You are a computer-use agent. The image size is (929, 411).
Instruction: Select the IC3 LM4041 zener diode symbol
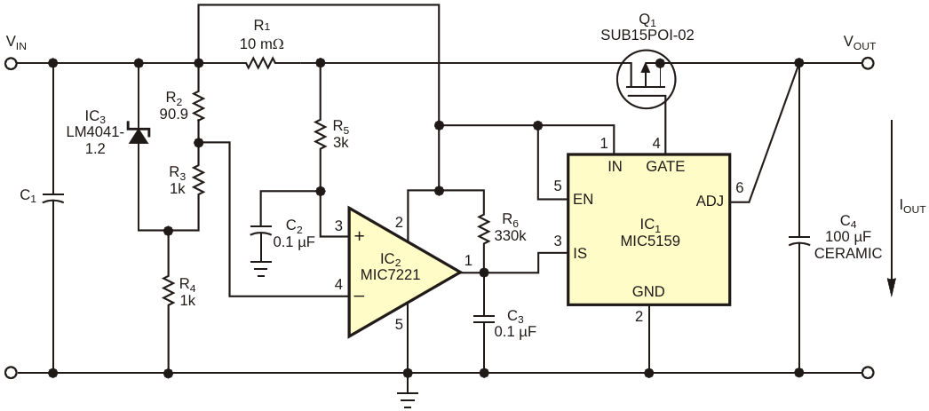pos(139,136)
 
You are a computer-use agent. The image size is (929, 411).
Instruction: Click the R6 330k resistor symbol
pos(484,228)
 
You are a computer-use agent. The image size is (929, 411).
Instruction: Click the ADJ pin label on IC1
pos(710,202)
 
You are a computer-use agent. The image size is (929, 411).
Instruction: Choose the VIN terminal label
pos(17,43)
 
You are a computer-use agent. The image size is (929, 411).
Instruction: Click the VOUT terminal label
pos(859,43)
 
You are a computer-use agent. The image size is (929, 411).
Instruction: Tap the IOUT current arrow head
pos(891,288)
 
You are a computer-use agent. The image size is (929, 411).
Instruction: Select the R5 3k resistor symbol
pos(321,135)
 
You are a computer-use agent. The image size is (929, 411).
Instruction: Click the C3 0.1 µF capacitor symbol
pos(484,320)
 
